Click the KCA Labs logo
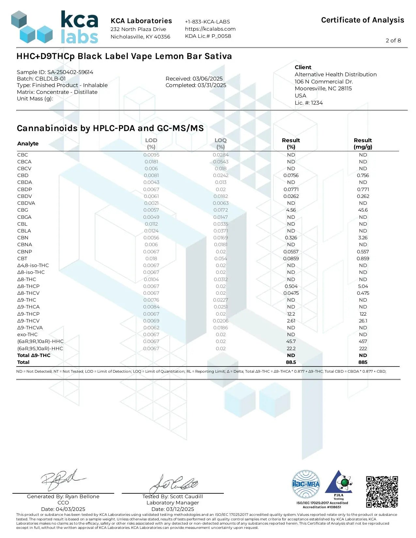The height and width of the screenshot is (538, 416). point(55,27)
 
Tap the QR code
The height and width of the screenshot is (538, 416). point(382,492)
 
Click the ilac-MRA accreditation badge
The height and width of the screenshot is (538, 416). point(306,484)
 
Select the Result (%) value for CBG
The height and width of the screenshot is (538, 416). point(291,210)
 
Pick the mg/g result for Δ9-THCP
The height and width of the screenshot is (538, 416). point(363,314)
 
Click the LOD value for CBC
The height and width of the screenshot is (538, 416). point(151,155)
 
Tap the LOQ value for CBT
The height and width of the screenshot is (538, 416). point(221,259)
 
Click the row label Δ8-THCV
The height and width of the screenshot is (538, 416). point(28,293)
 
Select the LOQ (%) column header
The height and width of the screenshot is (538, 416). point(221,143)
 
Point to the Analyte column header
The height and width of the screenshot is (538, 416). point(28,143)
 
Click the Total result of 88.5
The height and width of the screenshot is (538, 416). point(291,362)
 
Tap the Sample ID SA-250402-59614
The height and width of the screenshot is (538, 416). point(70,72)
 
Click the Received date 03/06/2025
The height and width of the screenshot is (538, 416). point(208,79)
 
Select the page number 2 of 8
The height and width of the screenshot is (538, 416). point(393,40)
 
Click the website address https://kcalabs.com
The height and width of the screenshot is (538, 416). point(210,29)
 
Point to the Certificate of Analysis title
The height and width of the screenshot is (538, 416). point(362,20)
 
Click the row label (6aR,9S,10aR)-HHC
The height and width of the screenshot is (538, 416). point(40,349)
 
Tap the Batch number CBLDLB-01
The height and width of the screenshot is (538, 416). point(50,79)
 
